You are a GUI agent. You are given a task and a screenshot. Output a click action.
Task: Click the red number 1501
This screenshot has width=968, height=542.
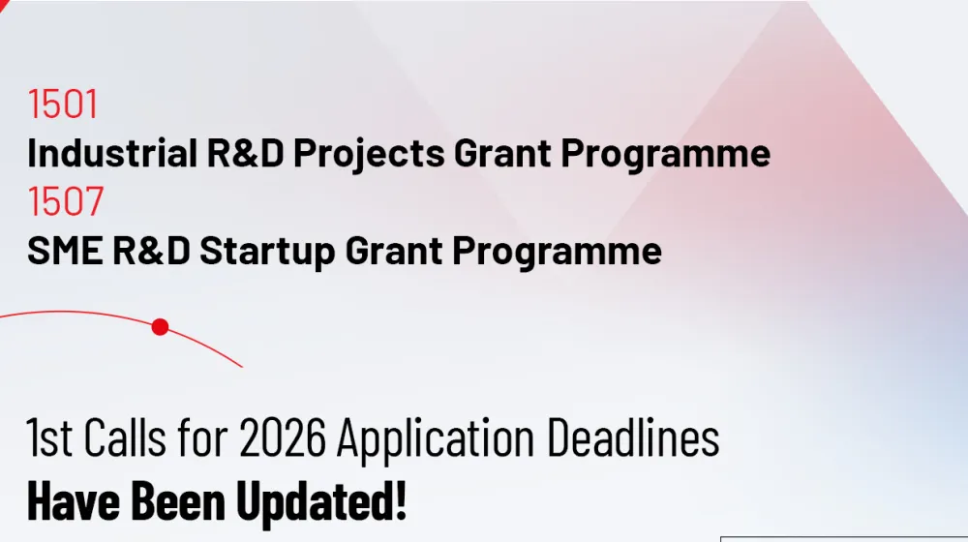click(x=63, y=104)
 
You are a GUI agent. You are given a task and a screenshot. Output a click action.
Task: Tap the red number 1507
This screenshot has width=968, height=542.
click(x=66, y=201)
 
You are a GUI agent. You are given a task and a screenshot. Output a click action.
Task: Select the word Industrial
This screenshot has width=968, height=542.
click(x=112, y=153)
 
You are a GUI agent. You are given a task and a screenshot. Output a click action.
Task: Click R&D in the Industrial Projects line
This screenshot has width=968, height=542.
click(x=245, y=153)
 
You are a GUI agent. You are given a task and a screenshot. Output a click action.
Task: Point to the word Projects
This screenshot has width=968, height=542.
click(x=369, y=154)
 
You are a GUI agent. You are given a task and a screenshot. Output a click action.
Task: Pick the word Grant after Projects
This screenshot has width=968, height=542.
click(x=502, y=153)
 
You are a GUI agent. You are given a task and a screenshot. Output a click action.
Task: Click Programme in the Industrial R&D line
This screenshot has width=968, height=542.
click(x=666, y=154)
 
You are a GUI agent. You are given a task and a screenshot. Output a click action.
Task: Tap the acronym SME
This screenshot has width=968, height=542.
click(x=65, y=250)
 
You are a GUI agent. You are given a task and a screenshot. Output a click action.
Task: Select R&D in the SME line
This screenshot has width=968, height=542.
click(x=151, y=250)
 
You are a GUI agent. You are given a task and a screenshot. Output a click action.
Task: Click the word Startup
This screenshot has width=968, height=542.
click(x=267, y=252)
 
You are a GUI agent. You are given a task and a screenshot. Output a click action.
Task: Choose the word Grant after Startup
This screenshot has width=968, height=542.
click(x=393, y=250)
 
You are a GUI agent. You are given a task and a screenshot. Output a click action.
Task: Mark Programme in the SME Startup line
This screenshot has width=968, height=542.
click(x=557, y=252)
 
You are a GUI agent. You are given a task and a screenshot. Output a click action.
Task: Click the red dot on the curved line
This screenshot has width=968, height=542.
click(x=160, y=326)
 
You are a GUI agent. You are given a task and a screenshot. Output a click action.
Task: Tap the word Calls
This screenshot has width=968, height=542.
click(x=125, y=437)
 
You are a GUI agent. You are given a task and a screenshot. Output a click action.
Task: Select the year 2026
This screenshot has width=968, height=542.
click(x=282, y=437)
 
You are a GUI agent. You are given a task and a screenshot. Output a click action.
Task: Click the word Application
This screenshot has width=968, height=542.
click(x=436, y=439)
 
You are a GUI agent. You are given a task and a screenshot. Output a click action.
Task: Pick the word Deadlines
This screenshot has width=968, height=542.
click(x=633, y=437)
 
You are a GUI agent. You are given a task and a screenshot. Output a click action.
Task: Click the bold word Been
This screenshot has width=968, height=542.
click(x=178, y=500)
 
